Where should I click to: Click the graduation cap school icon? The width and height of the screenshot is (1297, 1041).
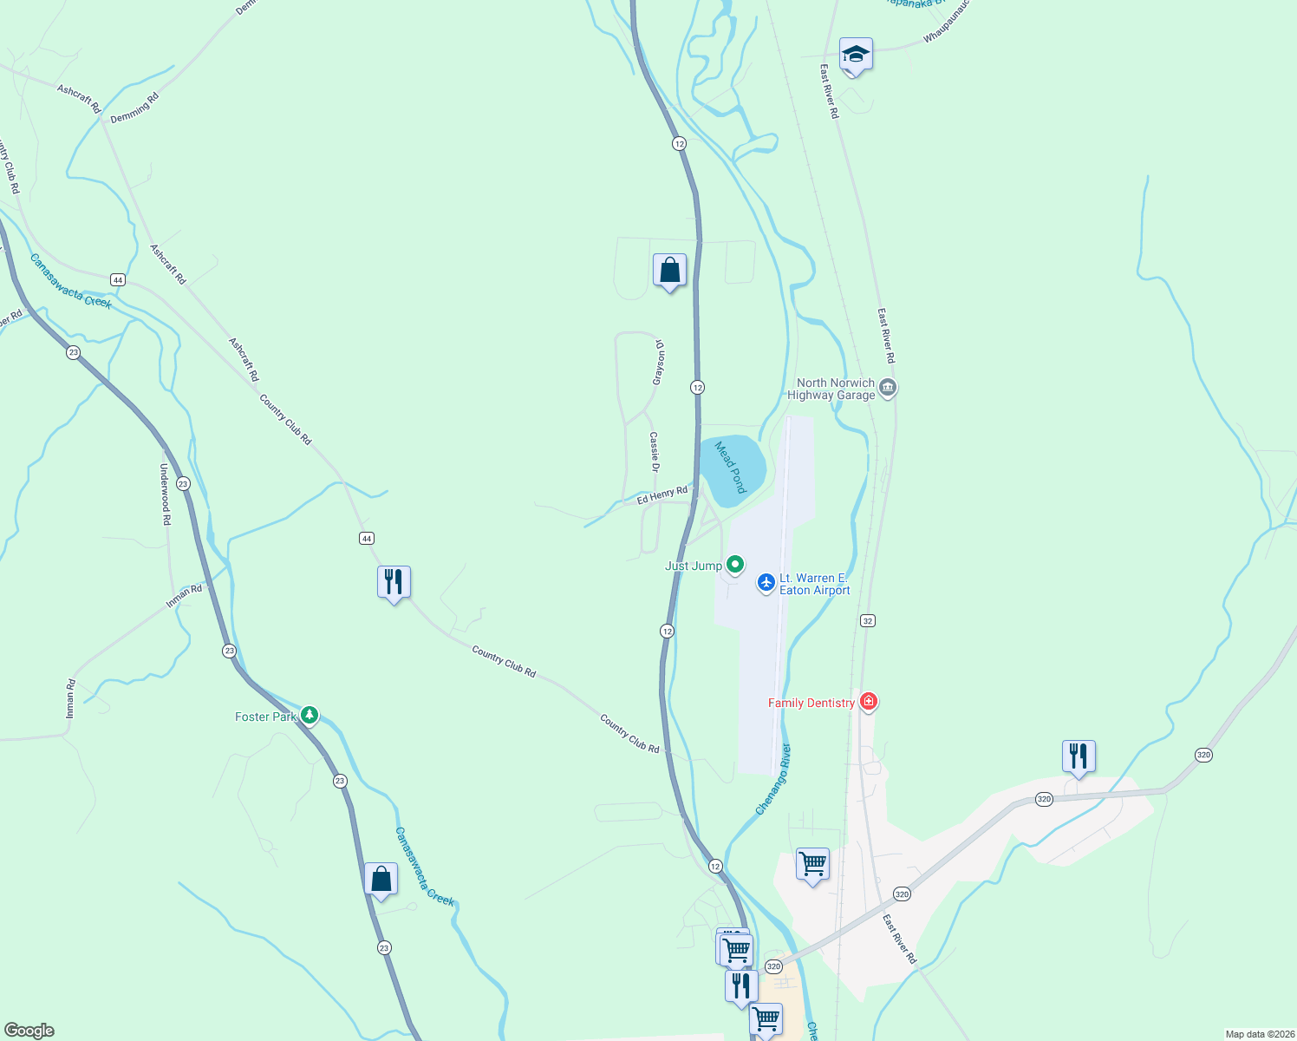coord(856,55)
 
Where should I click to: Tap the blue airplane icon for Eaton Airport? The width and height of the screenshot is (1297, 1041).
coord(766,583)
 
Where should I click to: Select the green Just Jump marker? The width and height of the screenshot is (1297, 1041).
coord(735,566)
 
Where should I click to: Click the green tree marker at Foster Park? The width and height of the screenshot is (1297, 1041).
coord(310,717)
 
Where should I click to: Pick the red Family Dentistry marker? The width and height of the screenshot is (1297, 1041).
coord(869,702)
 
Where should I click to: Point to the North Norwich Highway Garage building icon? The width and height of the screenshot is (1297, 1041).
coord(887,388)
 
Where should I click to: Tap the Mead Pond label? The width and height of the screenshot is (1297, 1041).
coord(731,467)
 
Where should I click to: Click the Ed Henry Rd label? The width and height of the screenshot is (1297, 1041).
coord(662,495)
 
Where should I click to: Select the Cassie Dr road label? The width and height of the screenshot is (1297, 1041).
coord(655,452)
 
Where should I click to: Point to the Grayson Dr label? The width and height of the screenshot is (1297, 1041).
coord(659,362)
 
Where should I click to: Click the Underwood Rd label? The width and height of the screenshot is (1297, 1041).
coord(165,494)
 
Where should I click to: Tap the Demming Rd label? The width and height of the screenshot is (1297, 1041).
coord(134,108)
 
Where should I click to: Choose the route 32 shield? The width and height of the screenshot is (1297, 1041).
coord(868,620)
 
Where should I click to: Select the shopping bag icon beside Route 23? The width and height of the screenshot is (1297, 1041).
coord(381,879)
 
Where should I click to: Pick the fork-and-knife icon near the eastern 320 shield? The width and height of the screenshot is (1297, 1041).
coord(1079,756)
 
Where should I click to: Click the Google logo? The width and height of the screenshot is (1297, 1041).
coord(29,1031)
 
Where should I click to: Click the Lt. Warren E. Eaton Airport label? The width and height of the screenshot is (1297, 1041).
coord(814,584)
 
